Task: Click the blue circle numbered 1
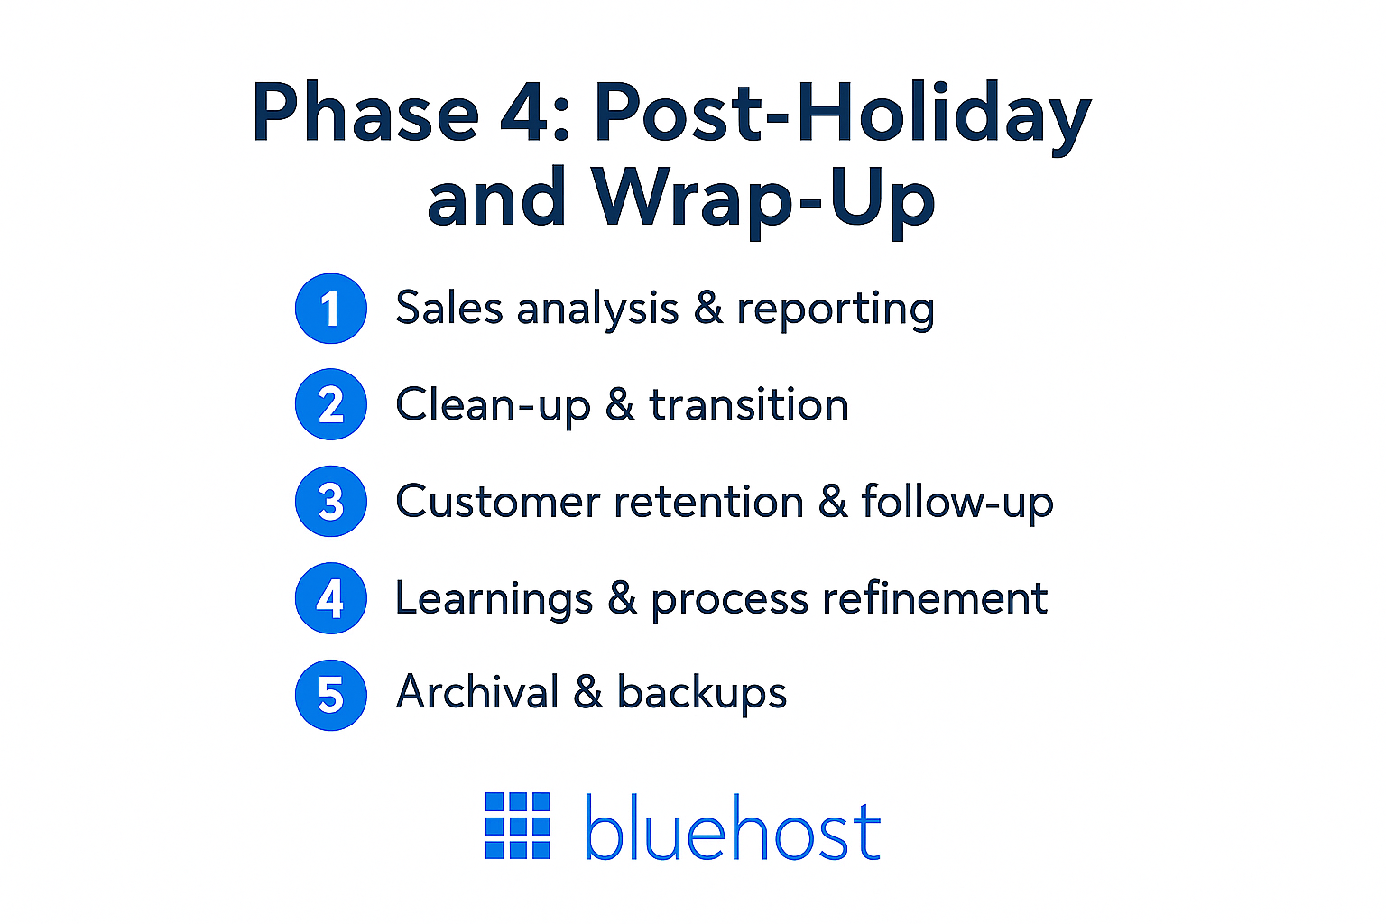tap(330, 309)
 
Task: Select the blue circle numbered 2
tap(330, 404)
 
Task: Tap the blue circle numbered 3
tap(330, 502)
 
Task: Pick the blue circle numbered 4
tap(330, 598)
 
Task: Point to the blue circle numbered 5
tap(330, 695)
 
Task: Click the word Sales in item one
tap(448, 309)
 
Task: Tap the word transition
tap(749, 405)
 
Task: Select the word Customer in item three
tap(497, 502)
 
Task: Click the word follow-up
tap(957, 503)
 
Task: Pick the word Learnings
tap(494, 599)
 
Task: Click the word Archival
tap(478, 692)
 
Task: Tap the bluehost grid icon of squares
tap(518, 826)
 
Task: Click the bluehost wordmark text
tap(732, 827)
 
